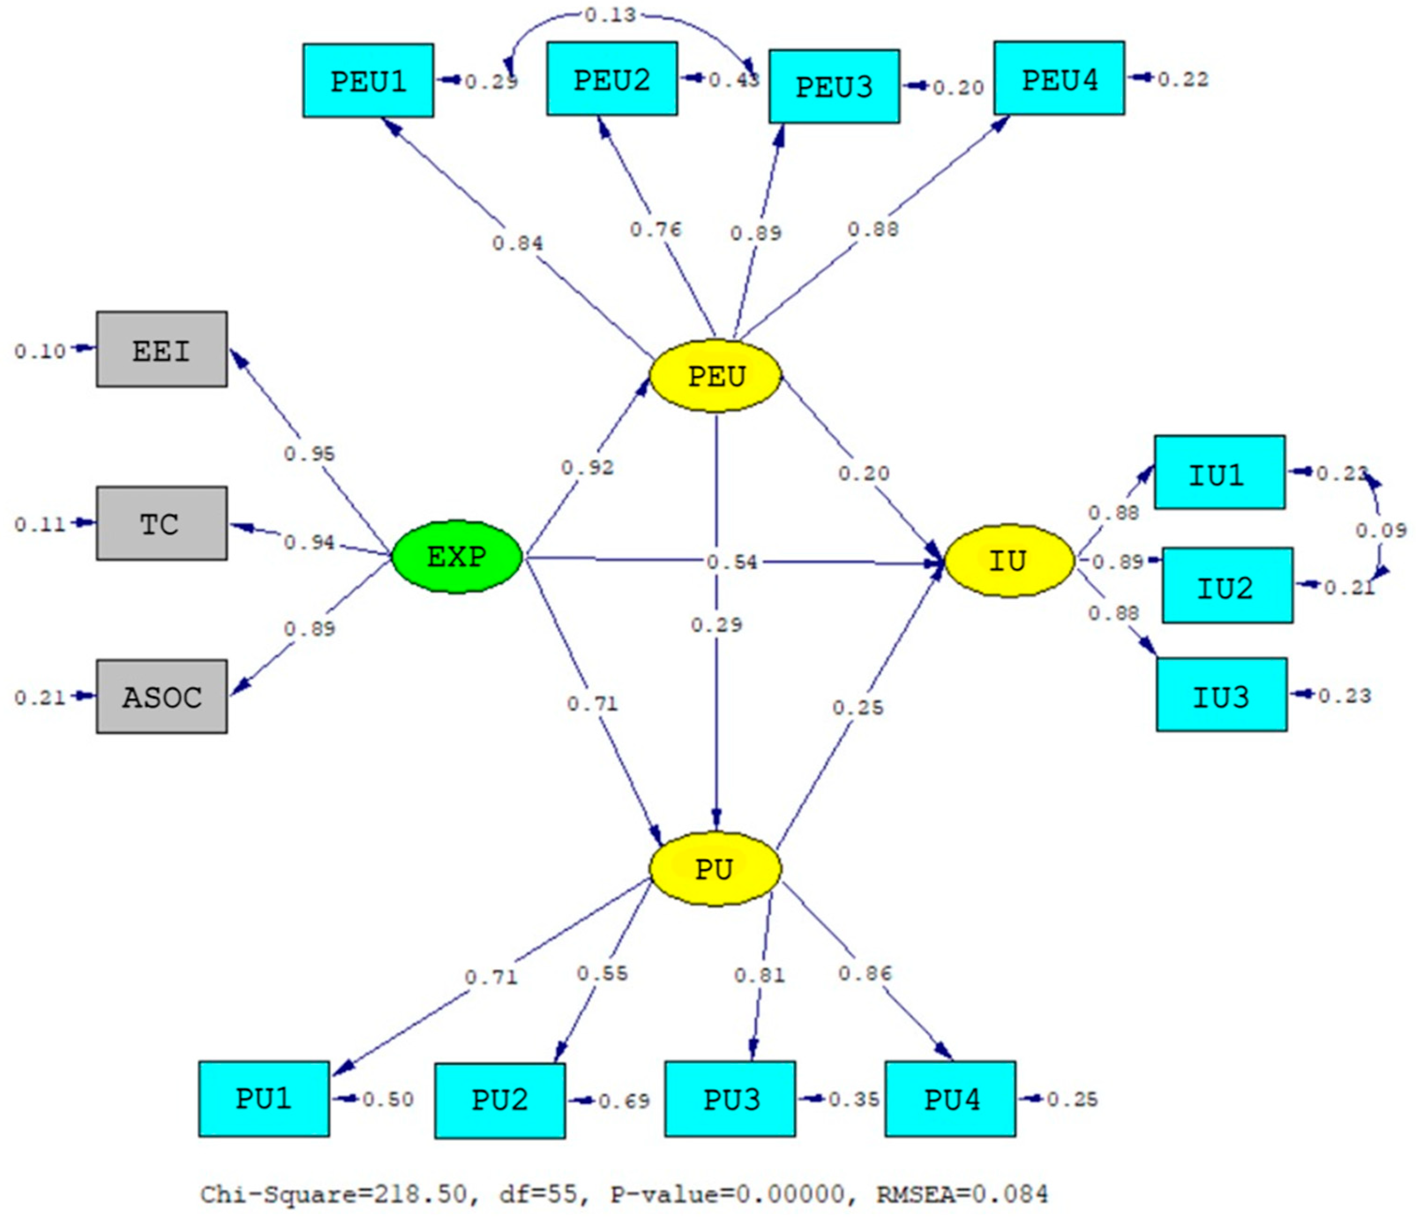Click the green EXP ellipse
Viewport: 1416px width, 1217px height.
456,557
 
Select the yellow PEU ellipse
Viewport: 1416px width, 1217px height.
715,376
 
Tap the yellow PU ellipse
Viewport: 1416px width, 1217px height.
714,869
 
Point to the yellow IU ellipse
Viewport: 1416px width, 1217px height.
1009,561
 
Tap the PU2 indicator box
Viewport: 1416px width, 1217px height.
499,1101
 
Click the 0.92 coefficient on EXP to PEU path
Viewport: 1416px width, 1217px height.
587,468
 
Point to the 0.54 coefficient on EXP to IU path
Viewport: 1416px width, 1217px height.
731,563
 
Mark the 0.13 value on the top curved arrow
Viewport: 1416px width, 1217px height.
610,15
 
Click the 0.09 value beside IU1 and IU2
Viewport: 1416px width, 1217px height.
1380,530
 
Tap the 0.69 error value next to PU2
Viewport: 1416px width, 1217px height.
623,1101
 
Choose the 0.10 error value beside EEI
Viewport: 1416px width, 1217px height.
40,351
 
